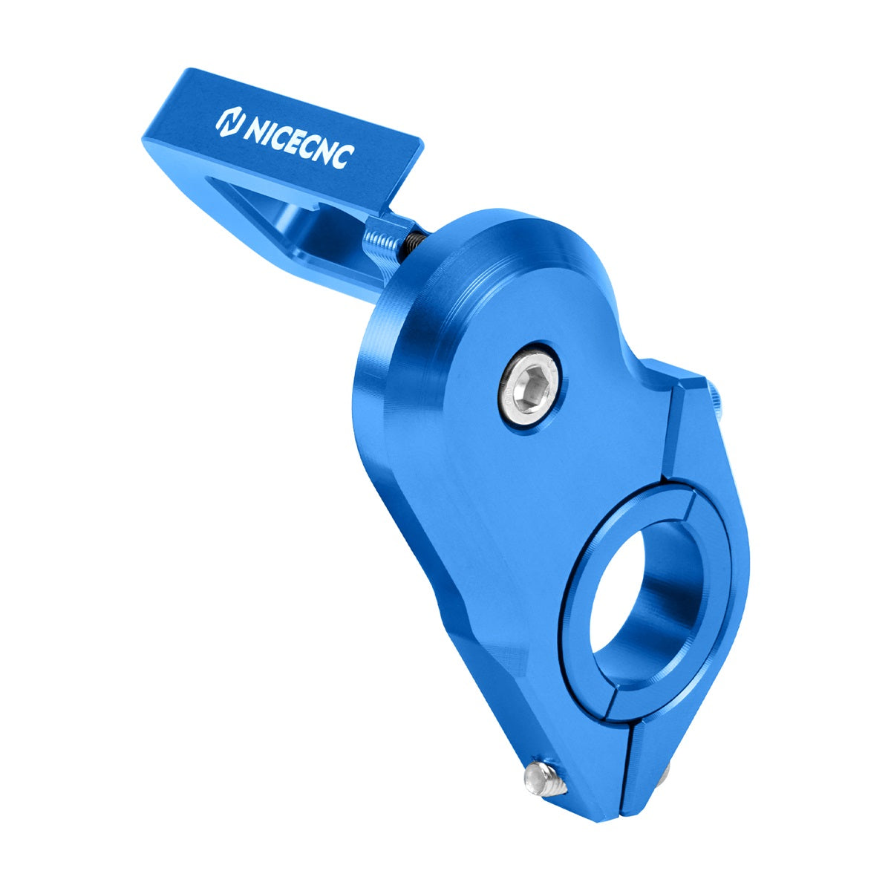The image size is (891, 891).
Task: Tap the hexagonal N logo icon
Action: tap(229, 123)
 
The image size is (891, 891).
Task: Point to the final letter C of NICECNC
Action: tap(344, 157)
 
